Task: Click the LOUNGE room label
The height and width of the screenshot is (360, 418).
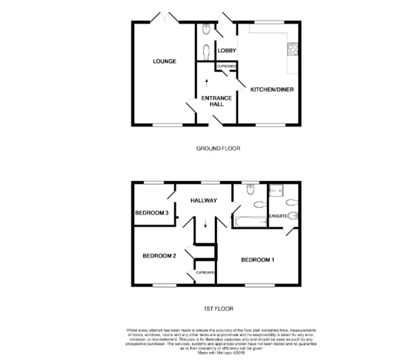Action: point(164,62)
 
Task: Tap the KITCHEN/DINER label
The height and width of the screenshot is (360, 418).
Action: point(272,89)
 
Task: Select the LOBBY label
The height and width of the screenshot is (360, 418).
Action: point(227,50)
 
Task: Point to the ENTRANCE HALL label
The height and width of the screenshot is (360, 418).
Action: point(216,101)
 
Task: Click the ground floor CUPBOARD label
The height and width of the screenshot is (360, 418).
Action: point(226,66)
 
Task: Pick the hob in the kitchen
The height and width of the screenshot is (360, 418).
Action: point(293,49)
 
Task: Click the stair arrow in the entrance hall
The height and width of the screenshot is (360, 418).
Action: point(207,83)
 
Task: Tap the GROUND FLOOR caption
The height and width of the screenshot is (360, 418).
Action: point(218,148)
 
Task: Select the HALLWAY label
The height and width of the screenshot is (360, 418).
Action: point(204,201)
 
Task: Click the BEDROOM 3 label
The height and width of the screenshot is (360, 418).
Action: point(152,213)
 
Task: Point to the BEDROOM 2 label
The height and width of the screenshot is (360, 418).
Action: point(159,256)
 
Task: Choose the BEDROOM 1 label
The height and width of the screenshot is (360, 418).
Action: point(258,260)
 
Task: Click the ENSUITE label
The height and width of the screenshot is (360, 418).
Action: point(278,216)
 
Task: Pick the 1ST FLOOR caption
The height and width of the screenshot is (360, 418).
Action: point(218,308)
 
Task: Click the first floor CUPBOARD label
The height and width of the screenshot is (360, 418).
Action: point(205,273)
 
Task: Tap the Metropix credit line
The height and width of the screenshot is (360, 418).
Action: point(221,353)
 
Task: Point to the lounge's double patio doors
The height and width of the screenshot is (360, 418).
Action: point(165,17)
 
